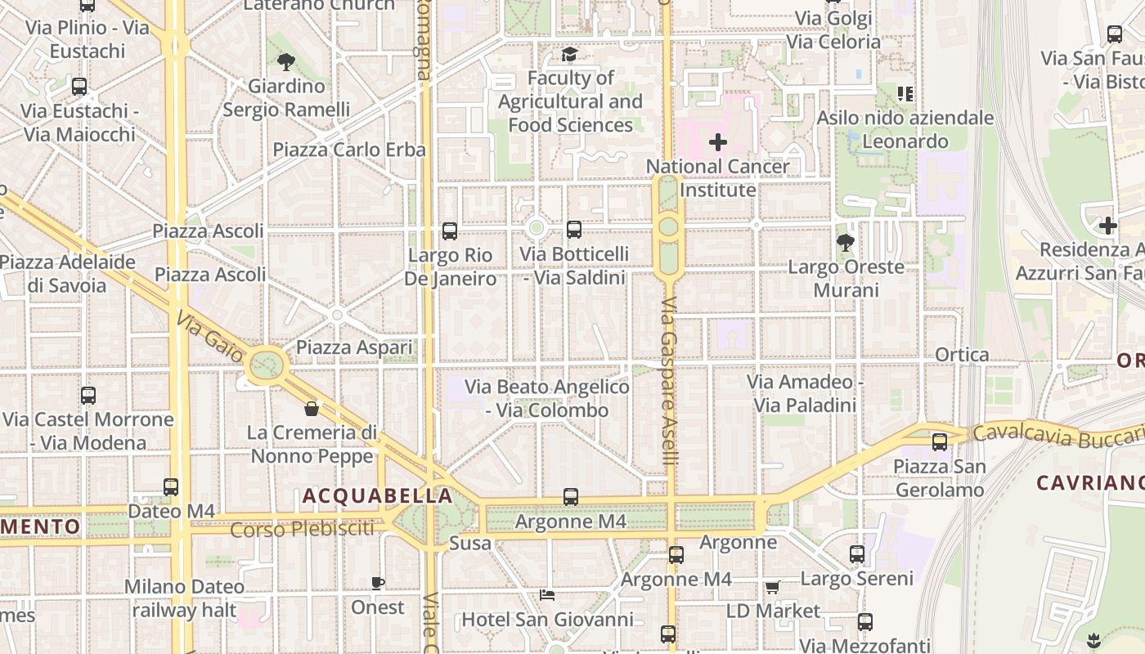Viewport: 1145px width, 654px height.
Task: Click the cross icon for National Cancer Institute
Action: coord(718,142)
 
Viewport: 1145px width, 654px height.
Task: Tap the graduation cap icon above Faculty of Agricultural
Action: coord(569,55)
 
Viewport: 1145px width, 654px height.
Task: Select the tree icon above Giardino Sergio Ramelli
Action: coord(285,61)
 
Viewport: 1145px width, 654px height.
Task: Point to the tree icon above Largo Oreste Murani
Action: coord(846,242)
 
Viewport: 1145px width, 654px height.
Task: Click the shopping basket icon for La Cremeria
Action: coord(311,409)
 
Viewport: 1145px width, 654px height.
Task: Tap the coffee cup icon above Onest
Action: coord(378,583)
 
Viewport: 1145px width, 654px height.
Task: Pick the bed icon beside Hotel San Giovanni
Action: coord(547,594)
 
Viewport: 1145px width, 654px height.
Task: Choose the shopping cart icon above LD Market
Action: coord(772,587)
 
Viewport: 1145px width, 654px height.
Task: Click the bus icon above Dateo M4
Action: coord(170,487)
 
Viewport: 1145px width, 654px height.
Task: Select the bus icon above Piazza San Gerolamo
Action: coord(940,442)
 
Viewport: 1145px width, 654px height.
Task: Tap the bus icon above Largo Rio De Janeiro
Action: coord(450,231)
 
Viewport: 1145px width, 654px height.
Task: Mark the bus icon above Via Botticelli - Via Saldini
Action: coord(574,230)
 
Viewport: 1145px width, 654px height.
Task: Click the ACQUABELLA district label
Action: coord(377,495)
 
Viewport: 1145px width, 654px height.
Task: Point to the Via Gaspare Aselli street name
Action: coord(670,382)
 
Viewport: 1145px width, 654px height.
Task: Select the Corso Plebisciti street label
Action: coord(302,530)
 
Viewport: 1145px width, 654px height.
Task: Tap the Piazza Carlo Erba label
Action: coord(349,150)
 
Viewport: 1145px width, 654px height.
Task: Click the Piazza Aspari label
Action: coord(354,347)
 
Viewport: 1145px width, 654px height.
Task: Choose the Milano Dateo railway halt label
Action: coord(184,598)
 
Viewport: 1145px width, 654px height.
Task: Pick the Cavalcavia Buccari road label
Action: coord(1055,436)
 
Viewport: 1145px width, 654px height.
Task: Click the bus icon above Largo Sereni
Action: coord(856,554)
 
